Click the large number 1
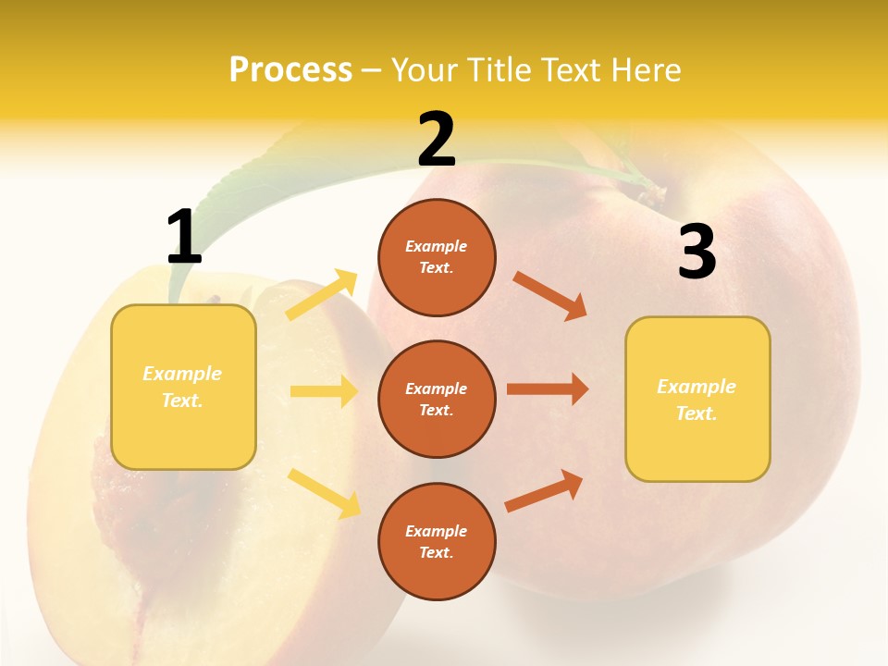[184, 237]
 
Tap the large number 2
[437, 140]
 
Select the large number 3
[697, 253]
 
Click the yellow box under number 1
[183, 387]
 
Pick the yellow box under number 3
[697, 399]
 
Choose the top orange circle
[437, 257]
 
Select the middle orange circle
[437, 399]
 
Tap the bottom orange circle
[437, 541]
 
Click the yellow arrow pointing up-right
[322, 294]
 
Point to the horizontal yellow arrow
[324, 391]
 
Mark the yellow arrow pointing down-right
[324, 492]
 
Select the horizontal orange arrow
[548, 389]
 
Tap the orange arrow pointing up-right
[544, 490]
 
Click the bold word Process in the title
[290, 69]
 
